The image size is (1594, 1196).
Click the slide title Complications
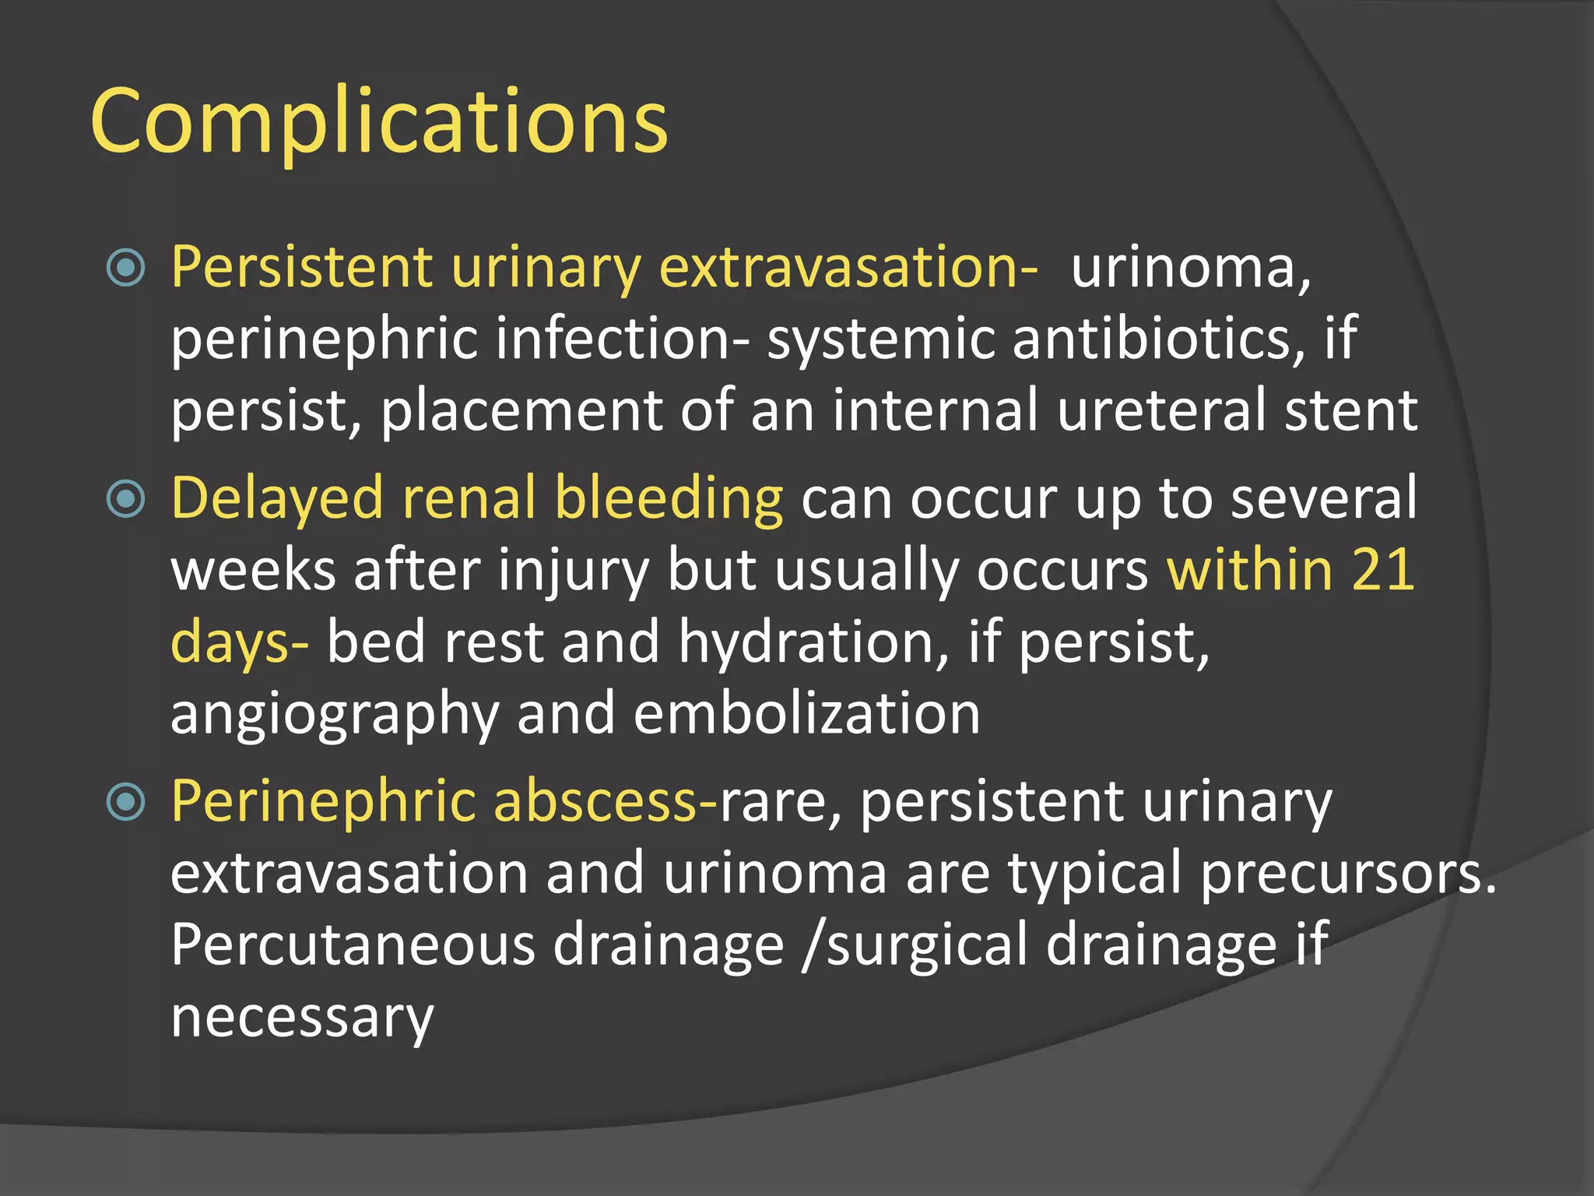click(379, 121)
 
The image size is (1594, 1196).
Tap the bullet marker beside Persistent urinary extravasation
click(126, 268)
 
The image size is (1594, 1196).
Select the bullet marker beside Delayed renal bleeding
click(126, 499)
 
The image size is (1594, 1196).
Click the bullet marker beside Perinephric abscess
click(126, 802)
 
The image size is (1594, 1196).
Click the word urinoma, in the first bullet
click(1191, 268)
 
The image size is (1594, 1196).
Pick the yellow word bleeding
click(669, 499)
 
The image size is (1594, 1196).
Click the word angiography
click(335, 715)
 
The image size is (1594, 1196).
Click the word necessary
click(302, 1018)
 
